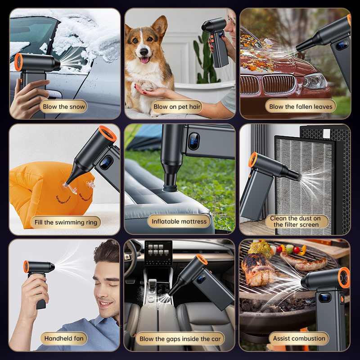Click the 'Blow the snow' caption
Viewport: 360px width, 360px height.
[64, 107]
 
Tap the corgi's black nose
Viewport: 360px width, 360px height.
[144, 52]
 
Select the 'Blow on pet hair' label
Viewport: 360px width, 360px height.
[177, 107]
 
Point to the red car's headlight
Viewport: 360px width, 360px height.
[315, 81]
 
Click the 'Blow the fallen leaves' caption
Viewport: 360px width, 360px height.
[301, 107]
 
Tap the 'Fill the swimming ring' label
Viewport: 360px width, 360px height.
[66, 222]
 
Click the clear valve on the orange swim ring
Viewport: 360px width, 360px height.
[90, 184]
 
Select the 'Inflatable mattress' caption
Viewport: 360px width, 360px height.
[179, 221]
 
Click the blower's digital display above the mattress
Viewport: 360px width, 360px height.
[193, 141]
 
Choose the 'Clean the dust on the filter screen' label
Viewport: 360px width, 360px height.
[296, 221]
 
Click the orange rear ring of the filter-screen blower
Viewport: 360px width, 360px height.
[253, 160]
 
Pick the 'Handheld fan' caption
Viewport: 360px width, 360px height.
[64, 338]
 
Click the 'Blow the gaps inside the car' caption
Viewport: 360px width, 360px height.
[180, 339]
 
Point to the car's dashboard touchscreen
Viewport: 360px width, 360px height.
[158, 252]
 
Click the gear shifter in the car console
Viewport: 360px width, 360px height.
[152, 286]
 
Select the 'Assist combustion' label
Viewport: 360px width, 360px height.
[299, 338]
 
